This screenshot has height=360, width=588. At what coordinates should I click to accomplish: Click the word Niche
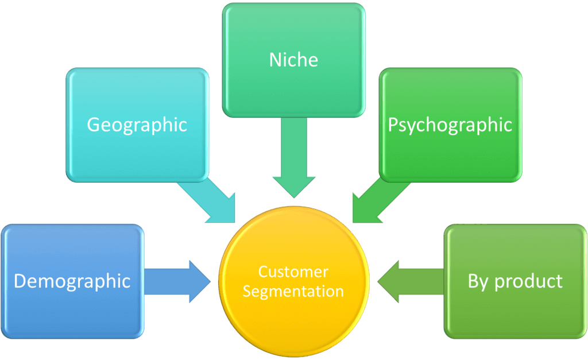tap(293, 60)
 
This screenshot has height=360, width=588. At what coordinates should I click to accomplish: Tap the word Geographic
tap(137, 125)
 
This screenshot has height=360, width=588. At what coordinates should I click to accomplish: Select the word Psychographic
tap(450, 125)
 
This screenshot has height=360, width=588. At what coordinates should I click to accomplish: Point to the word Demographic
tap(72, 281)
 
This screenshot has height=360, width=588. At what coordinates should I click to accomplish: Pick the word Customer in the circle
tap(293, 272)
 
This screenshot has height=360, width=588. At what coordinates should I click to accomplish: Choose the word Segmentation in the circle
tap(293, 291)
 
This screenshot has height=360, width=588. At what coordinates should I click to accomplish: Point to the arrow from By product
tap(409, 281)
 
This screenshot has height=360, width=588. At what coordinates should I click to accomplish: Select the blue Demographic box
tap(72, 310)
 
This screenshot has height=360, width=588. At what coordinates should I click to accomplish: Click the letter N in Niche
tap(275, 60)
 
